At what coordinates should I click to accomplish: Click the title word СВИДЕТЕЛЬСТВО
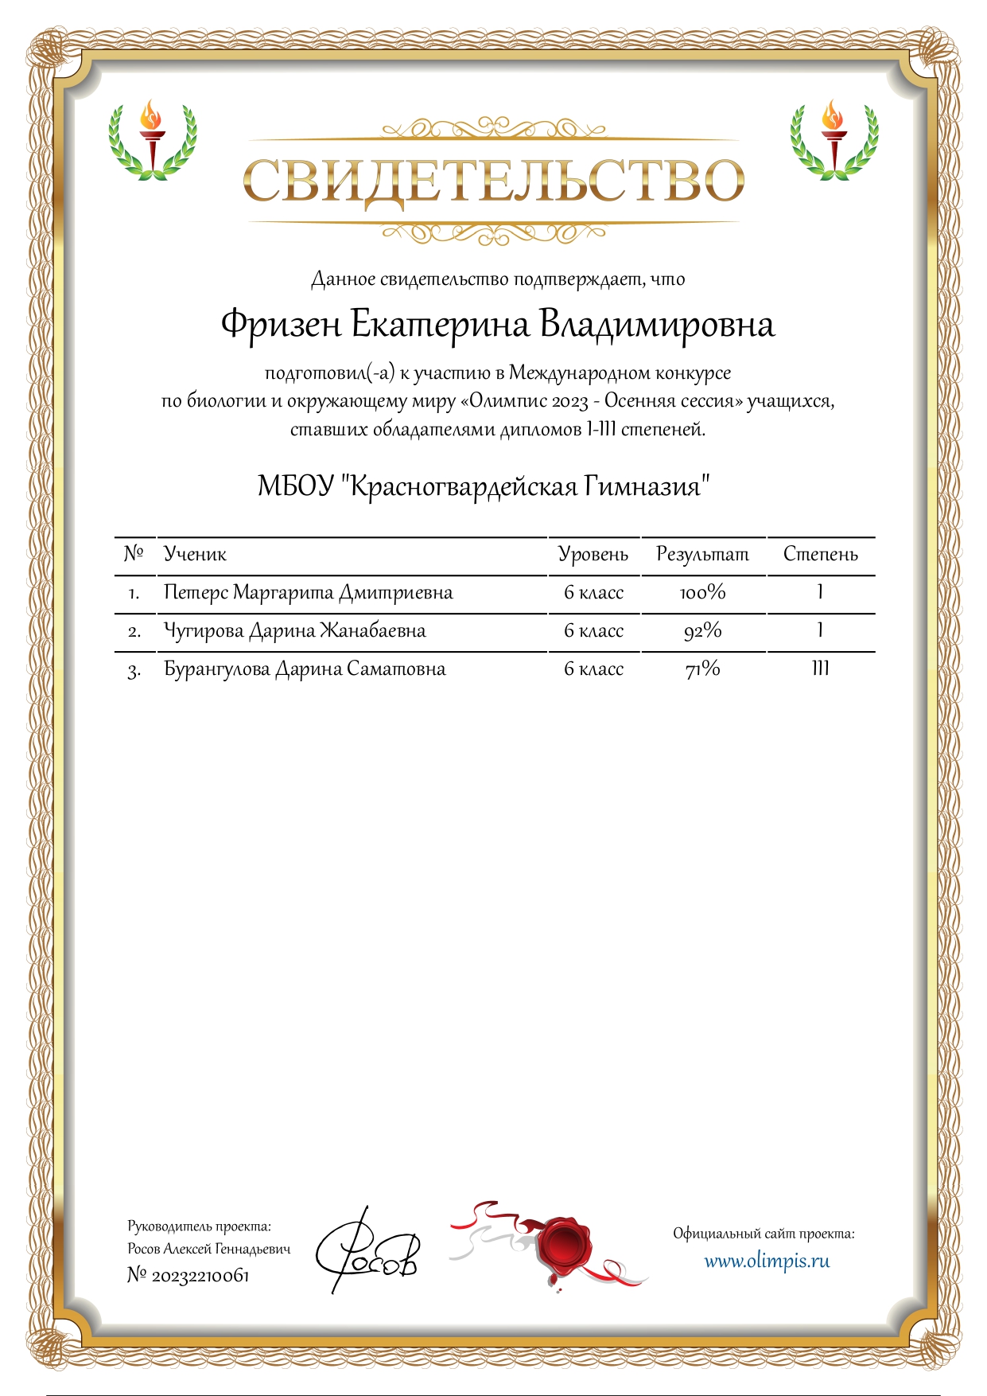pyautogui.click(x=493, y=181)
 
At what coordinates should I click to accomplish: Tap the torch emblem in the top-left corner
pyautogui.click(x=152, y=139)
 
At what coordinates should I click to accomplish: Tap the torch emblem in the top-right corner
pyautogui.click(x=834, y=139)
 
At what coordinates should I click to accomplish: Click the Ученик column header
pyautogui.click(x=195, y=554)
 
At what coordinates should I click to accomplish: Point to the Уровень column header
pyautogui.click(x=593, y=554)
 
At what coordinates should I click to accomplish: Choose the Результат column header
pyautogui.click(x=702, y=554)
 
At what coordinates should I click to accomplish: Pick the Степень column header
pyautogui.click(x=820, y=554)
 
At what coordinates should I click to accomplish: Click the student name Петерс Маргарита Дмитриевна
pyautogui.click(x=308, y=593)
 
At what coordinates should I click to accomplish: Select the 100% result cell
pyautogui.click(x=702, y=593)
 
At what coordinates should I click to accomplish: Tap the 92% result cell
pyautogui.click(x=702, y=631)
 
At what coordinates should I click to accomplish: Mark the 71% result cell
pyautogui.click(x=702, y=669)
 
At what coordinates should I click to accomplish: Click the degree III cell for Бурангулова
pyautogui.click(x=820, y=669)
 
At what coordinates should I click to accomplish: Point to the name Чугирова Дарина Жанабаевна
pyautogui.click(x=294, y=631)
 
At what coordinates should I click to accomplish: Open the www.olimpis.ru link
pyautogui.click(x=767, y=1261)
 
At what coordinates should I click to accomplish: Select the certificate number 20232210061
pyautogui.click(x=200, y=1276)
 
